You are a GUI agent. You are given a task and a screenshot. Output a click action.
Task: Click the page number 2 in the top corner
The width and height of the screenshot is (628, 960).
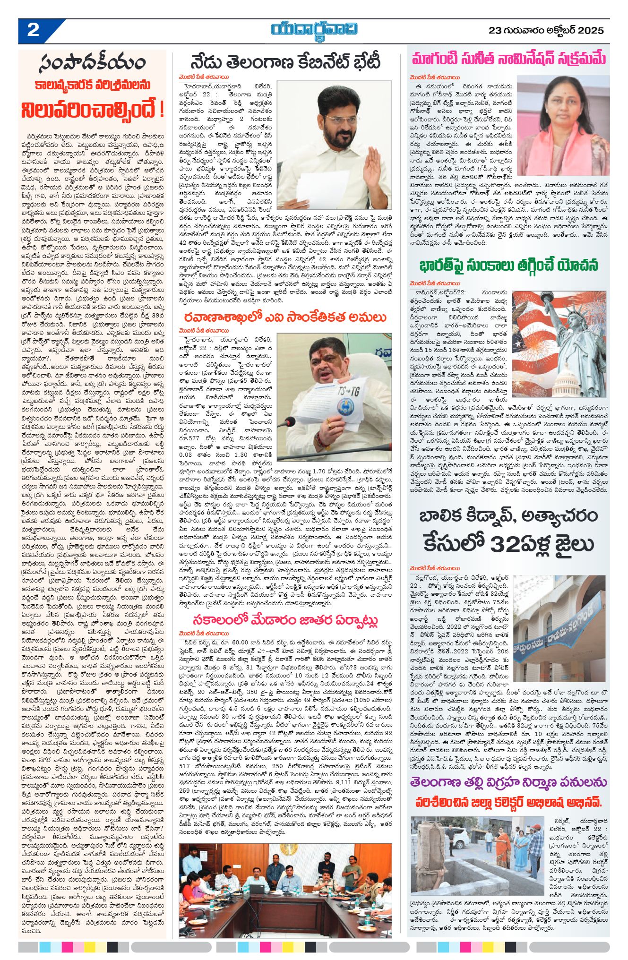33,30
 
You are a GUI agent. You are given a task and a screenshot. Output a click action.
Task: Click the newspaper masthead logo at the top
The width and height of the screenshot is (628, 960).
314,30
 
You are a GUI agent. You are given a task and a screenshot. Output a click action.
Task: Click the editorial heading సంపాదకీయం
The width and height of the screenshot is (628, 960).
93,63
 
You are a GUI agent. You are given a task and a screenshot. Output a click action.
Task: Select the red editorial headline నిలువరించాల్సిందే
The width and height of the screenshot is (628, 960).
93,109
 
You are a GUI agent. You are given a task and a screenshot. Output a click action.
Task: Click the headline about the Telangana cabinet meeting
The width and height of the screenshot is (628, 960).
285,62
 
